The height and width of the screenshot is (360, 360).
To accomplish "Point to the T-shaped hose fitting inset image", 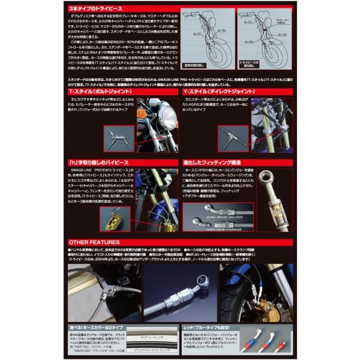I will pyautogui.click(x=118, y=137).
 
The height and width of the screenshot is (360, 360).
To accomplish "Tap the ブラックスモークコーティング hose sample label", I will pyautogui.click(x=148, y=349).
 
